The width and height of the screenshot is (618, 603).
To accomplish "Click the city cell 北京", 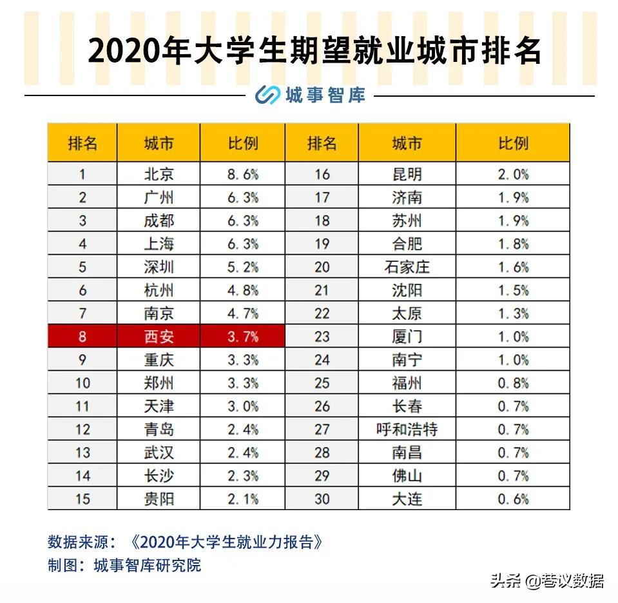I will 159,174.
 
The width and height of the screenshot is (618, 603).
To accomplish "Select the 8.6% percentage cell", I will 243,174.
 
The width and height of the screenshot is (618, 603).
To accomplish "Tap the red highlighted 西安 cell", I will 159,337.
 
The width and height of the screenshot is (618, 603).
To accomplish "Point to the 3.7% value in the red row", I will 243,337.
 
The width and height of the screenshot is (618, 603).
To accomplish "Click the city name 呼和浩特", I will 407,430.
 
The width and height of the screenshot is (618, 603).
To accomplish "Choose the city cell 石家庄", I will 407,267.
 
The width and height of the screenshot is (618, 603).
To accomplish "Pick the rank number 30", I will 322,499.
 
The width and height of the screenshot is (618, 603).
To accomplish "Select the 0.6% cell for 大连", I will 513,499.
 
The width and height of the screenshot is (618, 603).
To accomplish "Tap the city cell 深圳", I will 159,267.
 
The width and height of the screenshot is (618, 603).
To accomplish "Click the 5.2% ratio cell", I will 243,267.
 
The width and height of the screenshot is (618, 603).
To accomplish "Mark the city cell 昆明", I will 407,174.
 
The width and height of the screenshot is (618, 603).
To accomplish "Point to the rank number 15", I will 82,499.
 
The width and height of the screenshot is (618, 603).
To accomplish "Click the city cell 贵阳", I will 159,499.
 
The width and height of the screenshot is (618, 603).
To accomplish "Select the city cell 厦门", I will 407,337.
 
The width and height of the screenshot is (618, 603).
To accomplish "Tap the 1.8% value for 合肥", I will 513,244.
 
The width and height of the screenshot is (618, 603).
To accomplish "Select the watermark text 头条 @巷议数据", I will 546,580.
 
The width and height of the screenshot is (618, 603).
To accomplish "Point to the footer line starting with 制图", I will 124,566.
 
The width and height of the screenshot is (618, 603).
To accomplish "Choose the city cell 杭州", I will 159,290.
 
